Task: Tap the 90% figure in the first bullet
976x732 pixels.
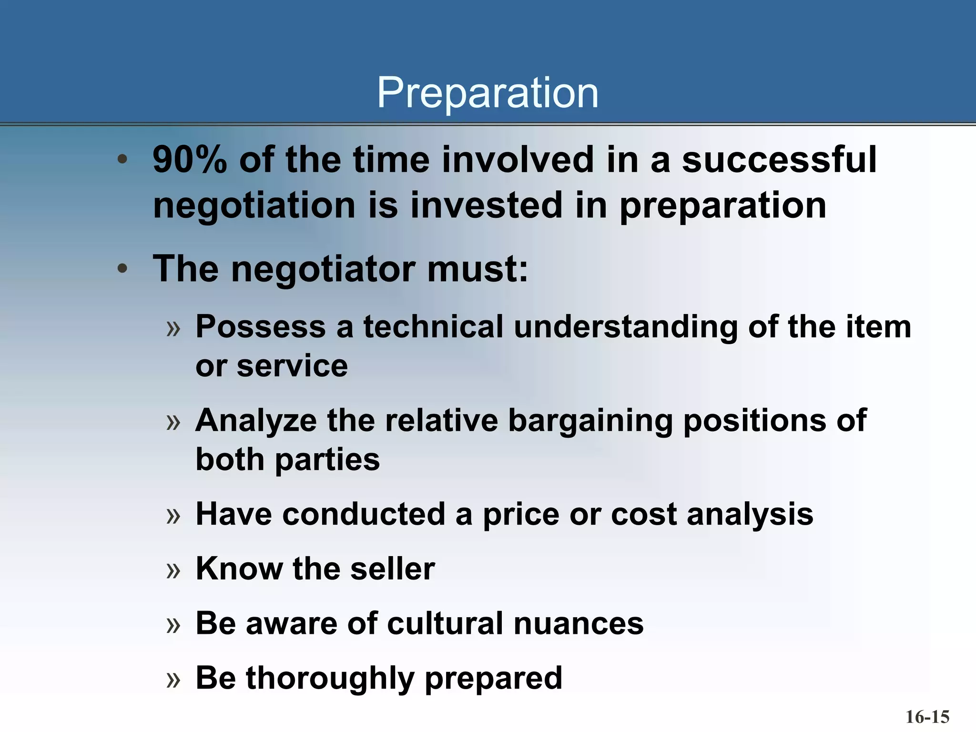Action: [x=189, y=160]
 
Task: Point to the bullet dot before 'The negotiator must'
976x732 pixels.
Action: [x=122, y=269]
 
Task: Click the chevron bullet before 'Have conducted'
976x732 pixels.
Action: [x=173, y=516]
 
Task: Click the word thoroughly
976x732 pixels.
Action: [x=330, y=679]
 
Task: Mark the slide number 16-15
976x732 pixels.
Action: [x=927, y=716]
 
